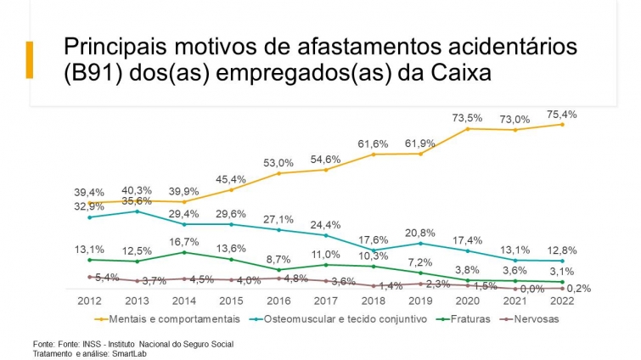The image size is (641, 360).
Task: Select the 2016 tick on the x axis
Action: point(278,301)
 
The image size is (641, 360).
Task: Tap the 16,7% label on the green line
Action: point(184,242)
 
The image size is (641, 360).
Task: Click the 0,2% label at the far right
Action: point(578,289)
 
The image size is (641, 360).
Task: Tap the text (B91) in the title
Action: point(93,73)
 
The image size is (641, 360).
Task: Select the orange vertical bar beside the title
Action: point(30,59)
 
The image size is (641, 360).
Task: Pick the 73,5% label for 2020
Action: point(468,117)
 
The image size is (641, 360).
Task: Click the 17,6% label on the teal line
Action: point(374,240)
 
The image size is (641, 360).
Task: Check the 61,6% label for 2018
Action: point(374,143)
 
